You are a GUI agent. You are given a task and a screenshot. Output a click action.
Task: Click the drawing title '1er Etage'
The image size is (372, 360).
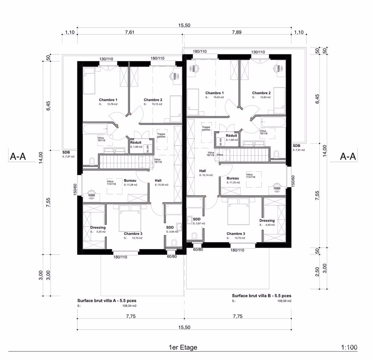click(x=183, y=347)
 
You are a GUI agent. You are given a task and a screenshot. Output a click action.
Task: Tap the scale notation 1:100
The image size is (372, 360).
click(x=349, y=347)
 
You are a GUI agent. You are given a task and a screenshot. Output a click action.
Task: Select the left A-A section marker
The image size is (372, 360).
click(x=17, y=157)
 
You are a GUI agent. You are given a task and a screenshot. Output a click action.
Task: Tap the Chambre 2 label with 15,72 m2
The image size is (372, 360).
click(x=153, y=100)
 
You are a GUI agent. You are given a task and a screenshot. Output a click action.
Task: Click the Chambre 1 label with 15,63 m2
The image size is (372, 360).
click(x=215, y=93)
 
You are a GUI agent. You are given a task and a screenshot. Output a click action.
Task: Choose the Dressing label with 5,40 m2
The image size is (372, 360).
click(x=267, y=220)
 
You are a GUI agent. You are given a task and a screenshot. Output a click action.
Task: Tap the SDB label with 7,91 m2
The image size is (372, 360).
click(x=296, y=146)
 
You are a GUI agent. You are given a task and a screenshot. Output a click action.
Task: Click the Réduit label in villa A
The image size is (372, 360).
click(x=135, y=142)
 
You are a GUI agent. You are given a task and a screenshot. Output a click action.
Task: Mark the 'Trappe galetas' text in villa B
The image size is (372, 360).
click(x=206, y=129)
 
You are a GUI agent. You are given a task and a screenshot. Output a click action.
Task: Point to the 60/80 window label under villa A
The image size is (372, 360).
click(x=171, y=257)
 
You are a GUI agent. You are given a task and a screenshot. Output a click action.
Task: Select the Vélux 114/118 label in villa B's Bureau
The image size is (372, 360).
click(x=249, y=176)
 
